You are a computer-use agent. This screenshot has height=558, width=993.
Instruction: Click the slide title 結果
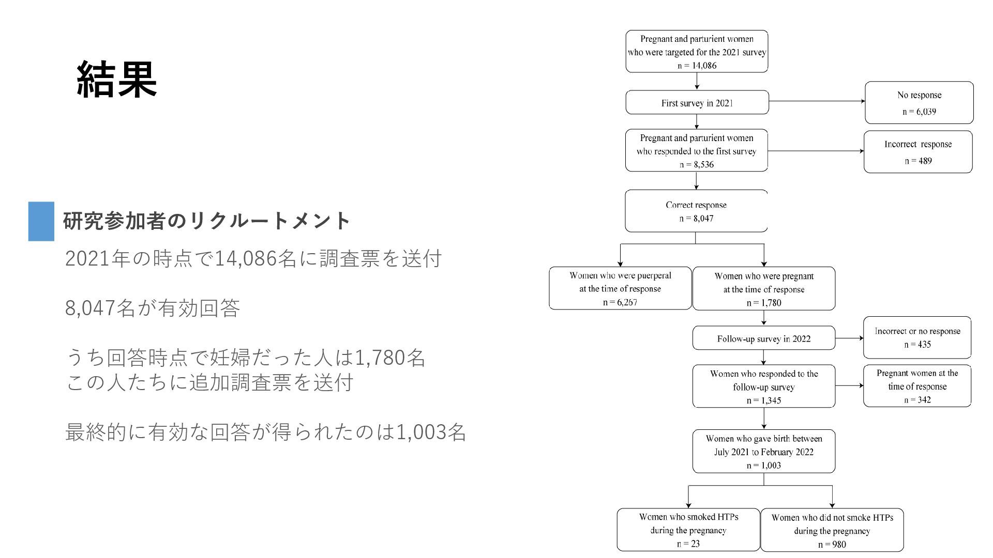pyautogui.click(x=117, y=79)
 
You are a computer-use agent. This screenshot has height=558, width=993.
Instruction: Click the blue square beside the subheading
pyautogui.click(x=41, y=221)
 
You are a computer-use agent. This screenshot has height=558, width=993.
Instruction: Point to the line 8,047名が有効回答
pyautogui.click(x=153, y=308)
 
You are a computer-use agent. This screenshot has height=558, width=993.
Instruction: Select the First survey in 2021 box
pyautogui.click(x=697, y=102)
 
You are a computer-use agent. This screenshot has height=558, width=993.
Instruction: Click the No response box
pyautogui.click(x=919, y=102)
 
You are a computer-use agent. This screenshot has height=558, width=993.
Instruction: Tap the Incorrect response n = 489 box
pyautogui.click(x=918, y=152)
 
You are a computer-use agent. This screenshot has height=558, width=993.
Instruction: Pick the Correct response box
pyautogui.click(x=696, y=211)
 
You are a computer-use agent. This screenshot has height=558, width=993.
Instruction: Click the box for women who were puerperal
pyautogui.click(x=620, y=288)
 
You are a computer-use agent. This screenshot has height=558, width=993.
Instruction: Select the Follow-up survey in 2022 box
pyautogui.click(x=764, y=338)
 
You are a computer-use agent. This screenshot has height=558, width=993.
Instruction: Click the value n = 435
pyautogui.click(x=917, y=345)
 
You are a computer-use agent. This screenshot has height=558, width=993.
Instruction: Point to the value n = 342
pyautogui.click(x=917, y=400)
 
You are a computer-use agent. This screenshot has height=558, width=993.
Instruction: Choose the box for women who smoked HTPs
pyautogui.click(x=688, y=530)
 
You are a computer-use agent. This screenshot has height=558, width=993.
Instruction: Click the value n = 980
pyautogui.click(x=832, y=545)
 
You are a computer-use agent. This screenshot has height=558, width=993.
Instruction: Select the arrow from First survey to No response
pyautogui.click(x=817, y=101)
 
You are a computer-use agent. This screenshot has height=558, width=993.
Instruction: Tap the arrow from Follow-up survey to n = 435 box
pyautogui.click(x=849, y=338)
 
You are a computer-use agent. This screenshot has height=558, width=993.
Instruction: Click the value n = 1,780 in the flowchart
pyautogui.click(x=764, y=303)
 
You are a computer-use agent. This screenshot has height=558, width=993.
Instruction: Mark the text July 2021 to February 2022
pyautogui.click(x=764, y=452)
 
